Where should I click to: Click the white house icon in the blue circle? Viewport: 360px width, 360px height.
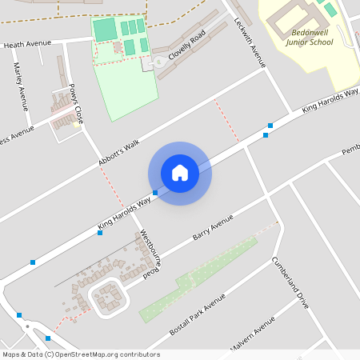click(x=180, y=173)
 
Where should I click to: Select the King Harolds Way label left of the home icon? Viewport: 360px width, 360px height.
click(x=124, y=210)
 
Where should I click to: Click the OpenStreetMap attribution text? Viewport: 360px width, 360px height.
click(x=81, y=354)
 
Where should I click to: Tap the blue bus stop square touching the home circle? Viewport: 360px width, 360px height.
click(x=155, y=193)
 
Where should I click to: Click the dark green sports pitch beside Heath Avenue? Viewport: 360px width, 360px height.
click(x=104, y=30)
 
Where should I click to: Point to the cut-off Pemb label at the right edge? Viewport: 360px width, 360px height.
click(x=350, y=150)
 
